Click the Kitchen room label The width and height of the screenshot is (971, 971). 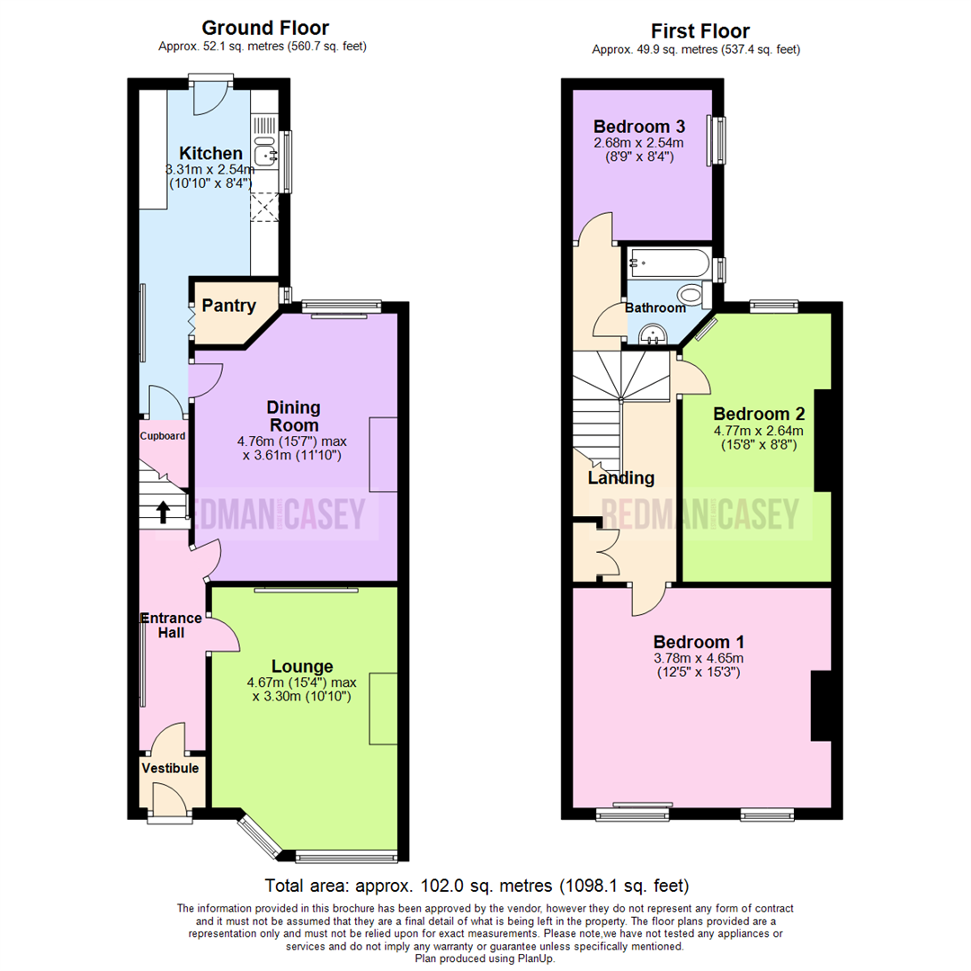tap(210, 153)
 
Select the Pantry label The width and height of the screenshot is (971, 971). tap(227, 306)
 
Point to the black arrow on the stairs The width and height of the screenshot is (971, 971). tap(163, 512)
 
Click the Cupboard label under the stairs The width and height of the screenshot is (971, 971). tap(163, 436)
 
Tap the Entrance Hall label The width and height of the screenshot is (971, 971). tap(171, 625)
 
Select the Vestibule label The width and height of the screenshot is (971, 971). tap(170, 768)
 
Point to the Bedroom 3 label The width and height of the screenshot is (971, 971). tap(638, 127)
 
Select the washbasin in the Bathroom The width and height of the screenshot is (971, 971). tap(651, 335)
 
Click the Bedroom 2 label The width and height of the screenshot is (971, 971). tap(758, 414)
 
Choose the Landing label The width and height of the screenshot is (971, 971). tap(620, 477)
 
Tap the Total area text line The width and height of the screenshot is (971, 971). tap(477, 884)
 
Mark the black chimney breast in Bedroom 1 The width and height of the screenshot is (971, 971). tap(821, 706)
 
